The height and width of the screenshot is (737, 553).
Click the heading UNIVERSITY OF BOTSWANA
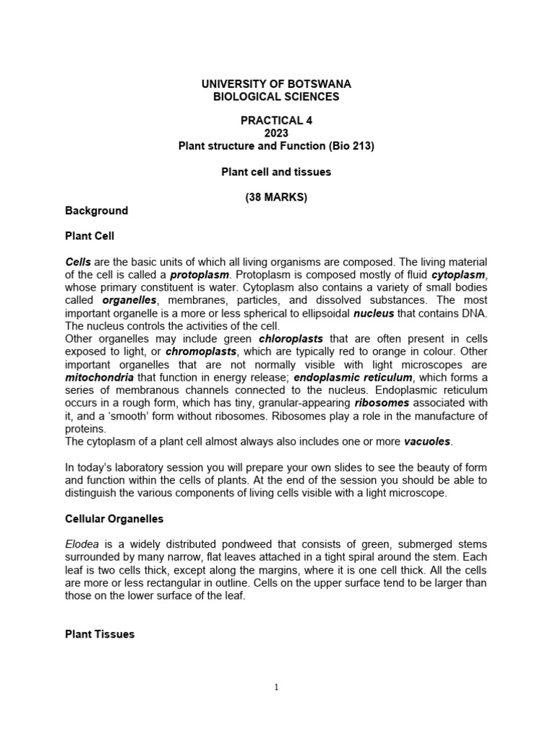(276, 84)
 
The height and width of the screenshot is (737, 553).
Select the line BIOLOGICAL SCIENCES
(276, 96)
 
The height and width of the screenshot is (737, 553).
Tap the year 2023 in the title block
(276, 133)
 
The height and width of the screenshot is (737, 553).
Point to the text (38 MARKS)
(276, 198)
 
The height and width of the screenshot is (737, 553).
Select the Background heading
(96, 211)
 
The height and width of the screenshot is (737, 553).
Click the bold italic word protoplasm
(199, 275)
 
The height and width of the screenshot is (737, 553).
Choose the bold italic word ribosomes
(385, 403)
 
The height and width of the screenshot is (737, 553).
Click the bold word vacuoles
(428, 441)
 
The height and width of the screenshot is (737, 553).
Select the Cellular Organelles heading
(113, 518)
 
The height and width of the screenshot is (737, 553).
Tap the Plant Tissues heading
(100, 634)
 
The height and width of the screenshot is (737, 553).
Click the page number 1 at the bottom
(277, 687)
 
